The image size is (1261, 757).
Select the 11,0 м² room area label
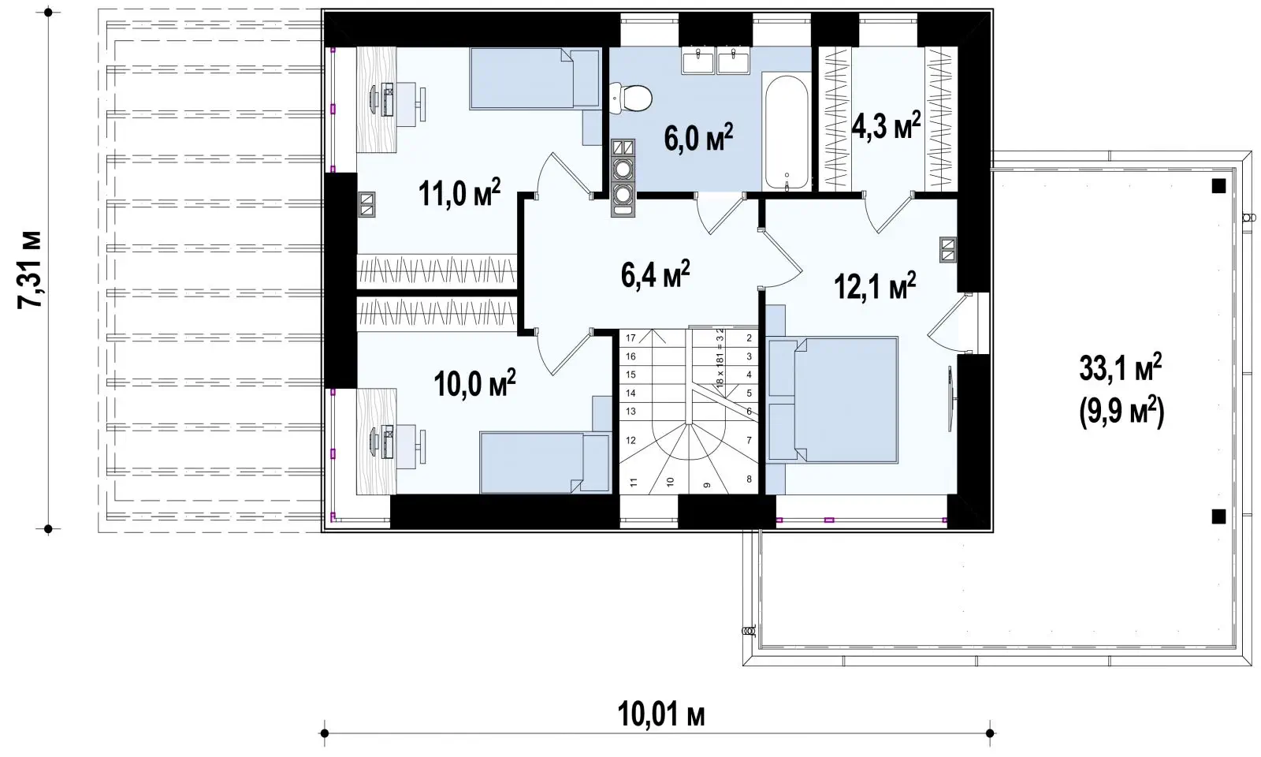[459, 194]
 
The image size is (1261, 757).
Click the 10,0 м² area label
[474, 383]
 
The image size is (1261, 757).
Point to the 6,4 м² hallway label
[655, 274]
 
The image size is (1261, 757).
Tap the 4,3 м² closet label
[886, 125]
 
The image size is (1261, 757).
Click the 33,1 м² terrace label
[1120, 369]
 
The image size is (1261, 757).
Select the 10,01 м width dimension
[661, 714]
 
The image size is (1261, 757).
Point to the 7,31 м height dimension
[29, 269]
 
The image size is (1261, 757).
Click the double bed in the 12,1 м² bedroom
[833, 400]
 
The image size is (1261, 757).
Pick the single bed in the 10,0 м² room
[545, 462]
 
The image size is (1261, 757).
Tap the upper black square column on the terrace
[1218, 186]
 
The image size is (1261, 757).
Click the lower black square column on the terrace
[1218, 516]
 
